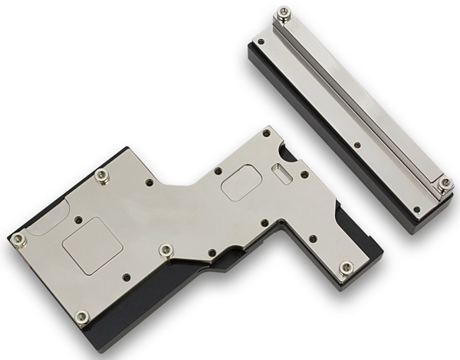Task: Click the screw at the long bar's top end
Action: tap(284, 13)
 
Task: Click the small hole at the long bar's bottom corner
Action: tap(416, 208)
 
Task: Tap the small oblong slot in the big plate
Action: tap(282, 174)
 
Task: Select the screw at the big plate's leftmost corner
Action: tap(19, 240)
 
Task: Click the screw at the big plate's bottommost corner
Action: tap(82, 316)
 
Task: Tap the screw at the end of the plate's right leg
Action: tap(347, 267)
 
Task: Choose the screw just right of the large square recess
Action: tap(166, 250)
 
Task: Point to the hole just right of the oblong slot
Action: tap(304, 175)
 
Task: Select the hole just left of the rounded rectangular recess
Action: tap(218, 170)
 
